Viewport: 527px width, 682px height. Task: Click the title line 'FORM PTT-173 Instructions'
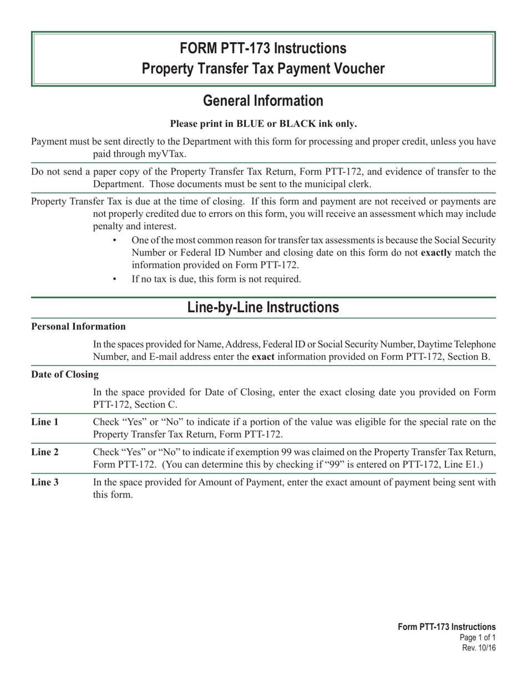coord(263,49)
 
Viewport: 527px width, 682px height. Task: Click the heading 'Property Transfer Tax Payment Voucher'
coord(263,69)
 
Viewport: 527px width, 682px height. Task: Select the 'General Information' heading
coord(263,101)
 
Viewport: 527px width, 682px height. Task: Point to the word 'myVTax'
coord(168,154)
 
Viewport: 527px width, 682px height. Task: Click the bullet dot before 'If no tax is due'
coord(115,279)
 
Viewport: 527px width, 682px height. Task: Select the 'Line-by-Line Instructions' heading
coord(263,308)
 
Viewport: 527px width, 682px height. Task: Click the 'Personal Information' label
coord(78,327)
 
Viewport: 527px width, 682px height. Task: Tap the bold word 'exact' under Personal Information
coord(263,357)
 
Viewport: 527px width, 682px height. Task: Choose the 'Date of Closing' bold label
coord(65,374)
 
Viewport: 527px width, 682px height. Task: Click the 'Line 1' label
coord(45,422)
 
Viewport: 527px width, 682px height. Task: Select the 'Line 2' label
coord(45,452)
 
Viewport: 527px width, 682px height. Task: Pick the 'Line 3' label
coord(45,482)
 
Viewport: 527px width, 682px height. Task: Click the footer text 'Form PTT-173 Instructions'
coord(447,627)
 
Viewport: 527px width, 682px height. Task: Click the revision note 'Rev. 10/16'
coord(479,648)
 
